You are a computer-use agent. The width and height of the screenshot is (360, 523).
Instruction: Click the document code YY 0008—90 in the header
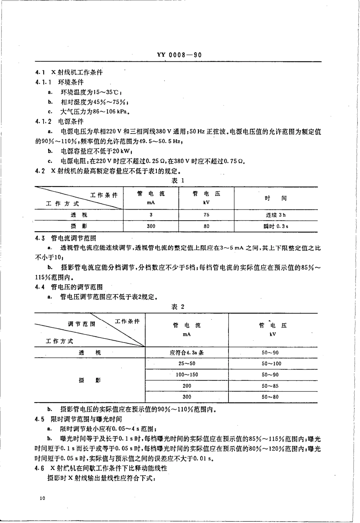point(179,55)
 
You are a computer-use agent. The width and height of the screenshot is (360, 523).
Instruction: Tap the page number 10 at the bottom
point(42,498)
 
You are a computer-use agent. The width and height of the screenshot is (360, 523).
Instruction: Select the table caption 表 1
point(178,180)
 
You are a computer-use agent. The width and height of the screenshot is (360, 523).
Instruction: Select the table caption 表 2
point(178,307)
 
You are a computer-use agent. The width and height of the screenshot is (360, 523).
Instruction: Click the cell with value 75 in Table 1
point(206,215)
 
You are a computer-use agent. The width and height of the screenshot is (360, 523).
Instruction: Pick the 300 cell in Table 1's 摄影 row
point(151,226)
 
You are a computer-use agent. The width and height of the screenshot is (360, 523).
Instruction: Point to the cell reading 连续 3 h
point(275,215)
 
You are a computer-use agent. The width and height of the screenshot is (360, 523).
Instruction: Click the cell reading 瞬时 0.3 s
point(275,226)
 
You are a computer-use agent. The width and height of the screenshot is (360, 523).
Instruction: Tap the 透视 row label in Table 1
point(79,215)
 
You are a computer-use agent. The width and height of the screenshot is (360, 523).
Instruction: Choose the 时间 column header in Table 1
point(275,198)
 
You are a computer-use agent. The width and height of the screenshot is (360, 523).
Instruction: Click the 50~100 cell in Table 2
point(271,363)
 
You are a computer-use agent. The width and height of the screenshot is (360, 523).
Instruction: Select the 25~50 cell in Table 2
point(187,363)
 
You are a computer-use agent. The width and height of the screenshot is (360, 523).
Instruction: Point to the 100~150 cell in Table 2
point(187,374)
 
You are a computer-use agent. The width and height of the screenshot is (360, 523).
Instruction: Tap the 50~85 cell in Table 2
point(270,386)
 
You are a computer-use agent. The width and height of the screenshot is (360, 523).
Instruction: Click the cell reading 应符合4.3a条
point(187,352)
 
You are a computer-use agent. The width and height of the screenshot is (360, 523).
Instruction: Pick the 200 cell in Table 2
point(187,386)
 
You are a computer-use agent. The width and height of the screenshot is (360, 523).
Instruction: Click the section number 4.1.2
point(43,122)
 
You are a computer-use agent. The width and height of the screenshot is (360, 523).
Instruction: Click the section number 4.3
point(40,238)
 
